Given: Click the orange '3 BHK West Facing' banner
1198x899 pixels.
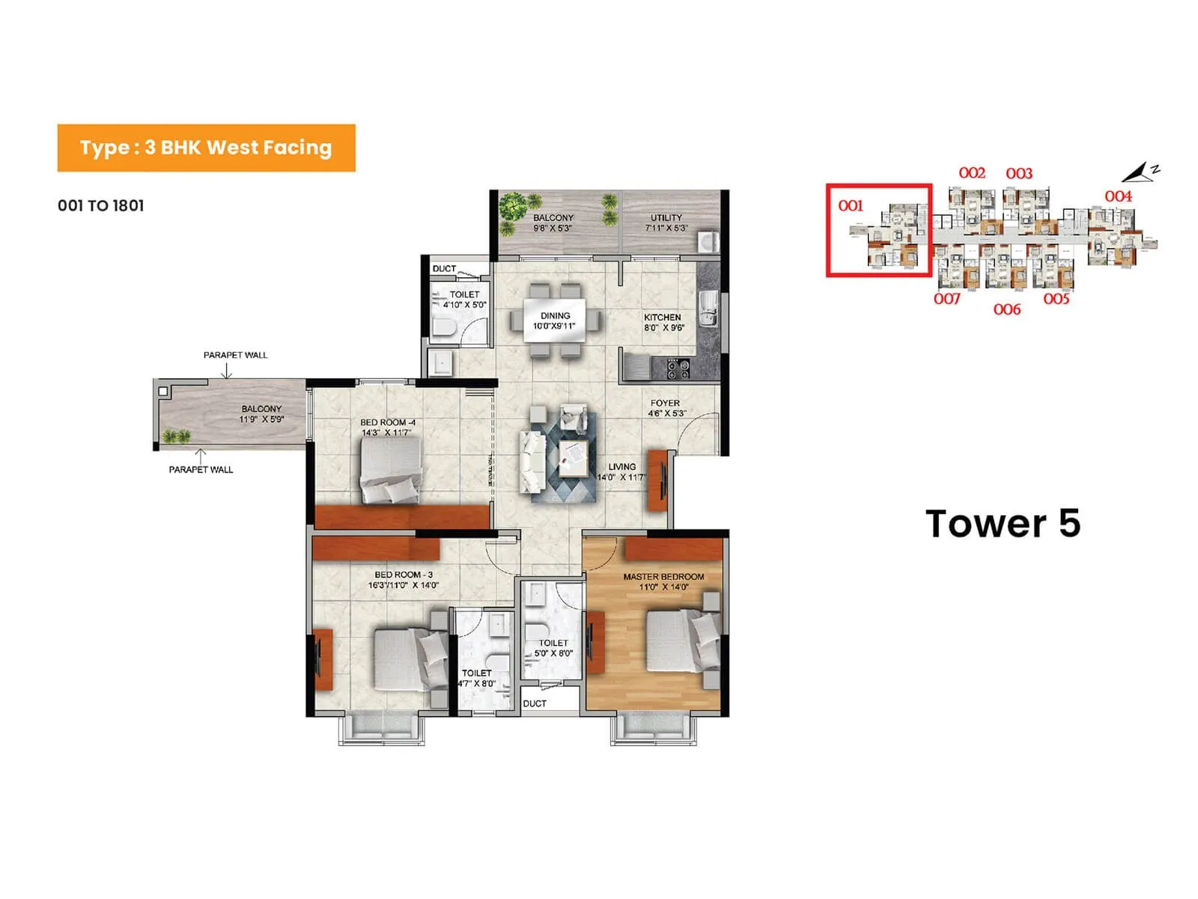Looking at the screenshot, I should point(206,148).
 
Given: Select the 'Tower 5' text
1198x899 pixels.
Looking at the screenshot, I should point(1003,524).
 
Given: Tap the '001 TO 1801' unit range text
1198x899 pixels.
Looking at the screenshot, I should point(101,205).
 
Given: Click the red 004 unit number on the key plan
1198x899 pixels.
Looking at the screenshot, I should point(1118,196).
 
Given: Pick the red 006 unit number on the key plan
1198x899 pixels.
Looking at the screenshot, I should point(1007,309).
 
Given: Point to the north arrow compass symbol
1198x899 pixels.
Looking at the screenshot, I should point(1140,172).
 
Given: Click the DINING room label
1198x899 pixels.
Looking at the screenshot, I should point(555,316).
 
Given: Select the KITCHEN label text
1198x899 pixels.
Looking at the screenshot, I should point(662,318).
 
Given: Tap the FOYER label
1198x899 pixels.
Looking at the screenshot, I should point(665,403).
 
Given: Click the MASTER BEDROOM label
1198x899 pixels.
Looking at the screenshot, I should point(663,577).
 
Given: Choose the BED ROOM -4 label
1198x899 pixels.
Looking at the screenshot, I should point(388,423).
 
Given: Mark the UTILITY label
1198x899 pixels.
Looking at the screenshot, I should point(666,218).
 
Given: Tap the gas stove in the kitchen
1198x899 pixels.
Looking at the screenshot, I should point(678,369).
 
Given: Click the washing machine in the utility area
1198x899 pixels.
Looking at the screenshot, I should point(708,241).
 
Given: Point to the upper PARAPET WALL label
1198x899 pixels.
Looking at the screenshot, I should point(235,355).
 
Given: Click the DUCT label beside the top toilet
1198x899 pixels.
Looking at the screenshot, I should point(444,268).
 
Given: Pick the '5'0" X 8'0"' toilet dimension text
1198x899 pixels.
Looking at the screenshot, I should point(553,653).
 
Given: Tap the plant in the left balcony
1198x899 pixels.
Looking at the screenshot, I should point(176,437).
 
